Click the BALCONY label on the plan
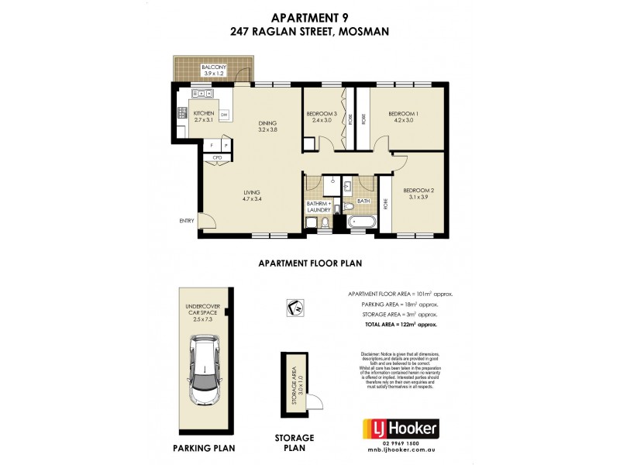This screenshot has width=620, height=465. [212, 67]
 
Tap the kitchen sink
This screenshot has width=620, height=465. [204, 95]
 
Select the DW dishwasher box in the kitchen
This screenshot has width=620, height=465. [224, 115]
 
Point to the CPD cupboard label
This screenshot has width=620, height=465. [218, 158]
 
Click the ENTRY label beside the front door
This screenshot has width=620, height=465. [187, 221]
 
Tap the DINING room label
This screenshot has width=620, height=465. [267, 121]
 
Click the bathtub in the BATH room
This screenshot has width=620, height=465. [363, 221]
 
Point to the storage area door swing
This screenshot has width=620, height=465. [315, 399]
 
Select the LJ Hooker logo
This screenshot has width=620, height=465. [401, 428]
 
